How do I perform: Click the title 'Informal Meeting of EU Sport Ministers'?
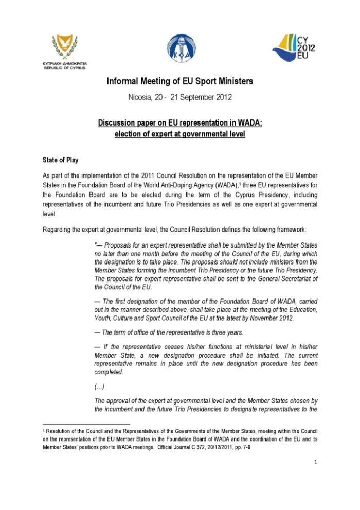tap(179, 81)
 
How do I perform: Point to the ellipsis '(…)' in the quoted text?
tap(99, 387)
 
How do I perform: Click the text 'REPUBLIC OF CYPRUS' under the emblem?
tap(64, 68)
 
